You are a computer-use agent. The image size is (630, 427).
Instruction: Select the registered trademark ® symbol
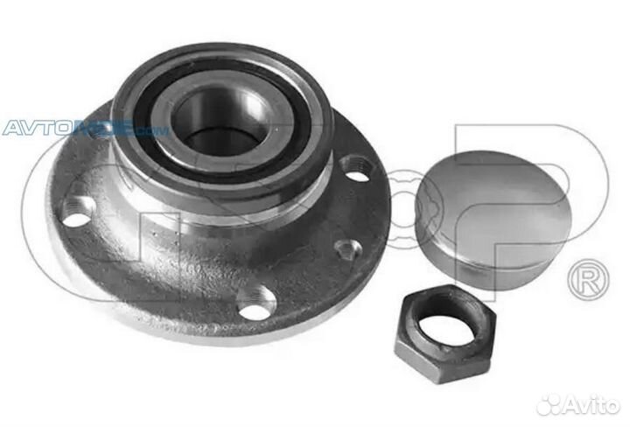point(584,281)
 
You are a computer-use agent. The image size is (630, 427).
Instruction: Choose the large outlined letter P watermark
point(560,175)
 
